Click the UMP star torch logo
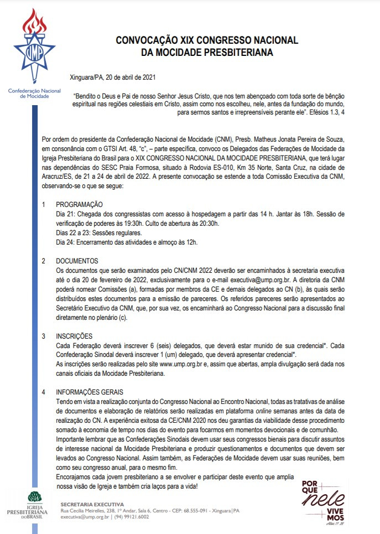[34, 47]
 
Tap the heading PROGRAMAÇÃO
[80, 204]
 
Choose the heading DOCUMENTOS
[77, 261]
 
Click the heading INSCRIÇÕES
[75, 336]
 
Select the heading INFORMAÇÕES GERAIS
[90, 392]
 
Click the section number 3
[44, 336]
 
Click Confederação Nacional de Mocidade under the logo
[34, 92]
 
